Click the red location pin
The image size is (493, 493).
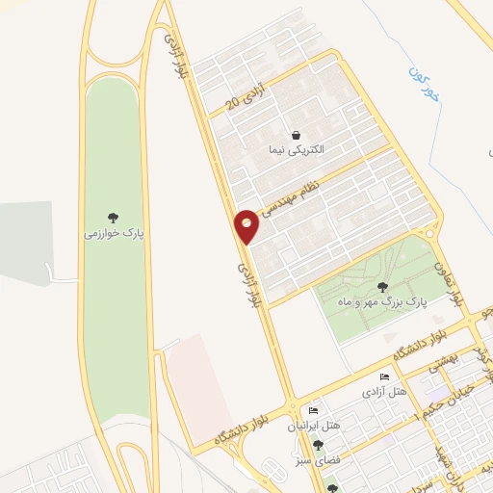[247, 225]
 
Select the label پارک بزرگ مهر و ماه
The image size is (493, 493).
[381, 302]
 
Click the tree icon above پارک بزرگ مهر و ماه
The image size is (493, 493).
[382, 286]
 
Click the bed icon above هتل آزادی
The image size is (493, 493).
[385, 377]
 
